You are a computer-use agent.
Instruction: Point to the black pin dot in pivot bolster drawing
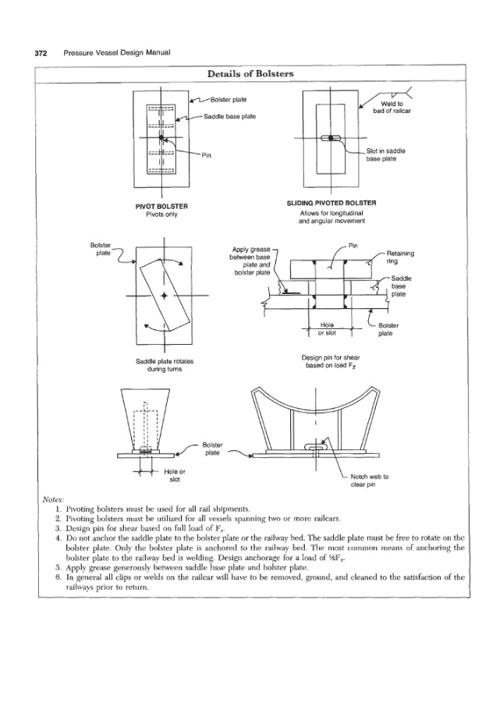161,138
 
